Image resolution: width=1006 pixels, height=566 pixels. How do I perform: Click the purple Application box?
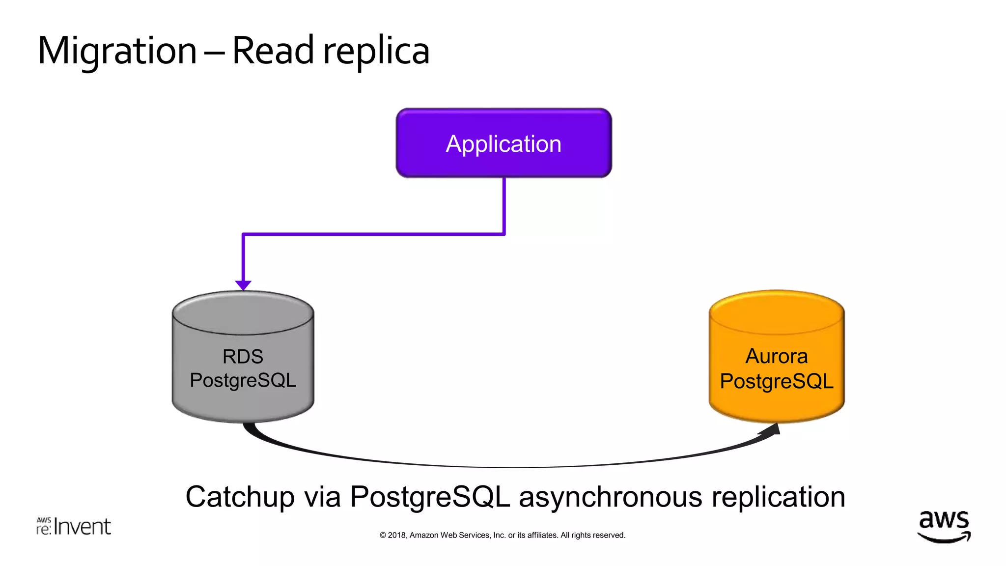[x=503, y=143]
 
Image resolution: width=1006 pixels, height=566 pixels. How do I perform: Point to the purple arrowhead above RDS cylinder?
[x=243, y=285]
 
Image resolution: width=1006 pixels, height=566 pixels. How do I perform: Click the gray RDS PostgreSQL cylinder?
[x=243, y=373]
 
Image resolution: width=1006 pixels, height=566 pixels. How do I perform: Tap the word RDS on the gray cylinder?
[x=243, y=357]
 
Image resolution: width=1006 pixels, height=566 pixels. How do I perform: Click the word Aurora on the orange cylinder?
[x=777, y=356]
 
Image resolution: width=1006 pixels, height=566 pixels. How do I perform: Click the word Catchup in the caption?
[x=240, y=497]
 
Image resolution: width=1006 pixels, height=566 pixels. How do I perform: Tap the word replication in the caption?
[x=779, y=497]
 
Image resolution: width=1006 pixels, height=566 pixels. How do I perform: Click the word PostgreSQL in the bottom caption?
[x=430, y=497]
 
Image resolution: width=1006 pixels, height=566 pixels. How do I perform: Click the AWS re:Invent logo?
[x=74, y=526]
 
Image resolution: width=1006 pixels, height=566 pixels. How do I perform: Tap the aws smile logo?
[x=944, y=526]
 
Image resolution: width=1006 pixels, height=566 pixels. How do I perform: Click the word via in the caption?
[x=322, y=497]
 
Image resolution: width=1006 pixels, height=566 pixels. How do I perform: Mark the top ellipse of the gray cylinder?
[x=243, y=313]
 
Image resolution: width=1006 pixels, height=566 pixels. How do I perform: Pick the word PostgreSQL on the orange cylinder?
[x=777, y=381]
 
